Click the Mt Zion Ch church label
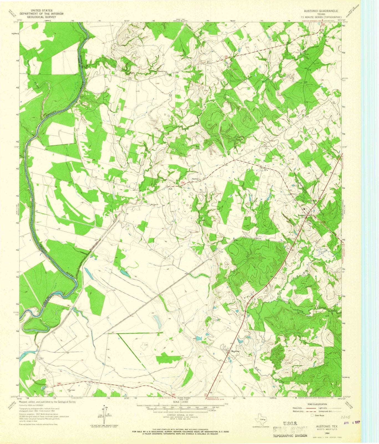click(x=154, y=205)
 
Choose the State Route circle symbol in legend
click(x=312, y=415)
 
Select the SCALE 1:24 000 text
click(x=180, y=402)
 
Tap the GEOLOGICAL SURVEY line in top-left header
click(x=42, y=17)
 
